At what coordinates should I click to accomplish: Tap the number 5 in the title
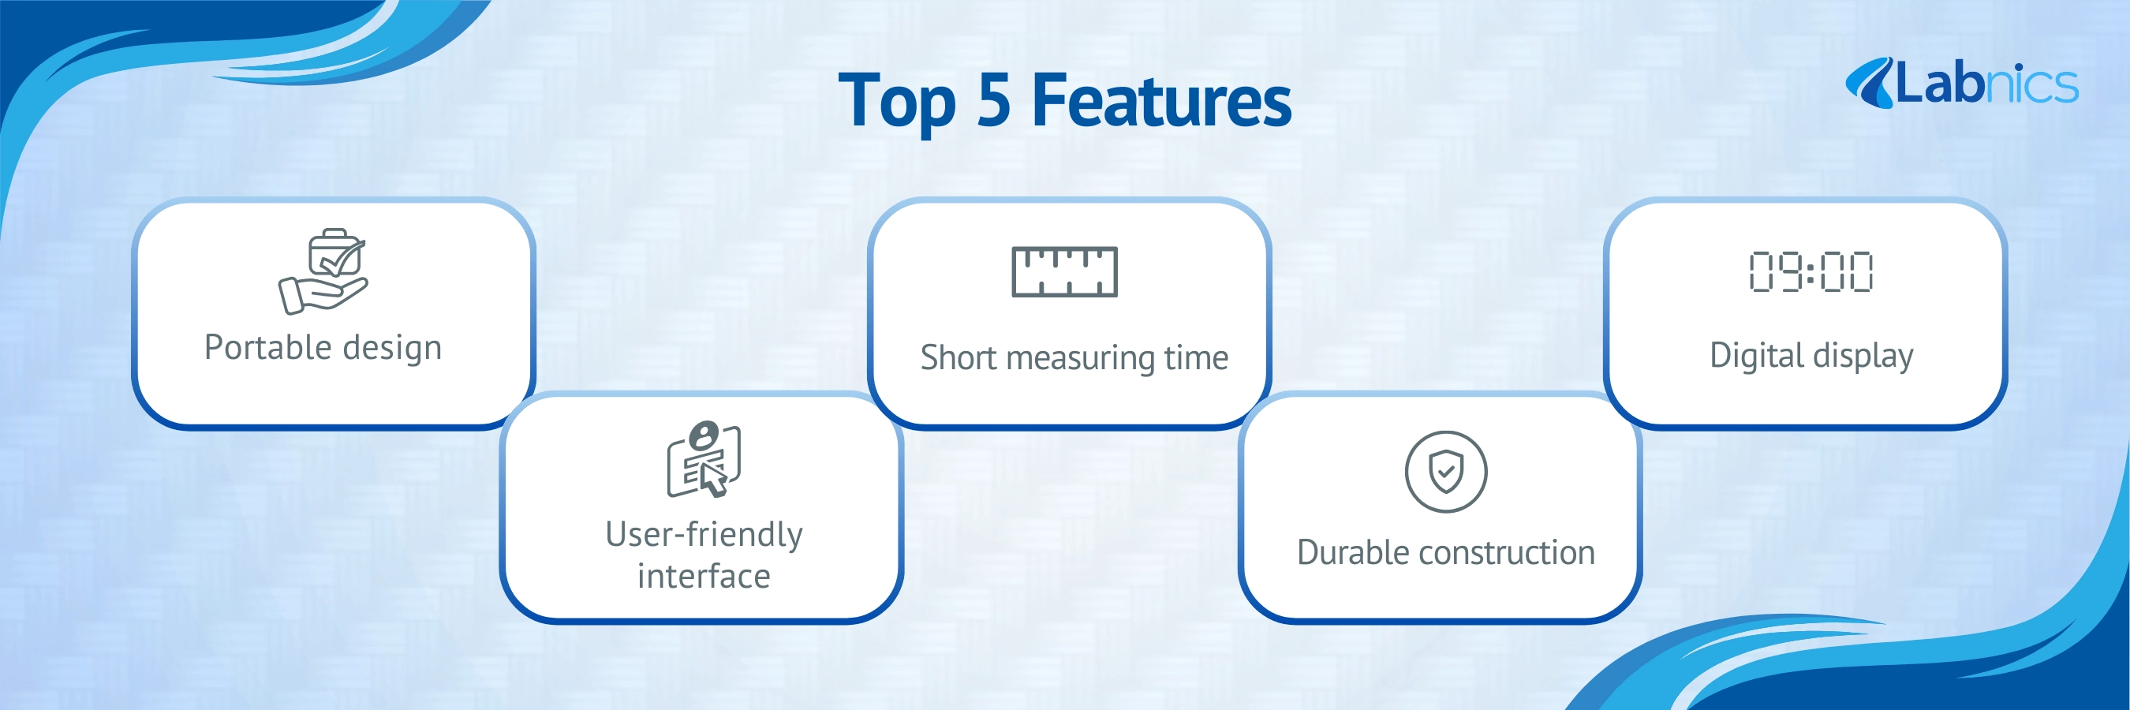click(993, 100)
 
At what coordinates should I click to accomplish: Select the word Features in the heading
click(1162, 100)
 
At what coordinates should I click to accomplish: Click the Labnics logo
click(1961, 84)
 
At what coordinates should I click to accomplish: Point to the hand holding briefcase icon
click(323, 271)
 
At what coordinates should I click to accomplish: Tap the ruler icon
click(1065, 271)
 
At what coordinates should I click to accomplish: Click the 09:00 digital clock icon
click(1810, 271)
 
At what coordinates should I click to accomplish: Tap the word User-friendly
click(704, 535)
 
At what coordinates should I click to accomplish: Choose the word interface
click(704, 576)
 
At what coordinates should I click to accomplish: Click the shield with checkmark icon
click(1446, 472)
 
